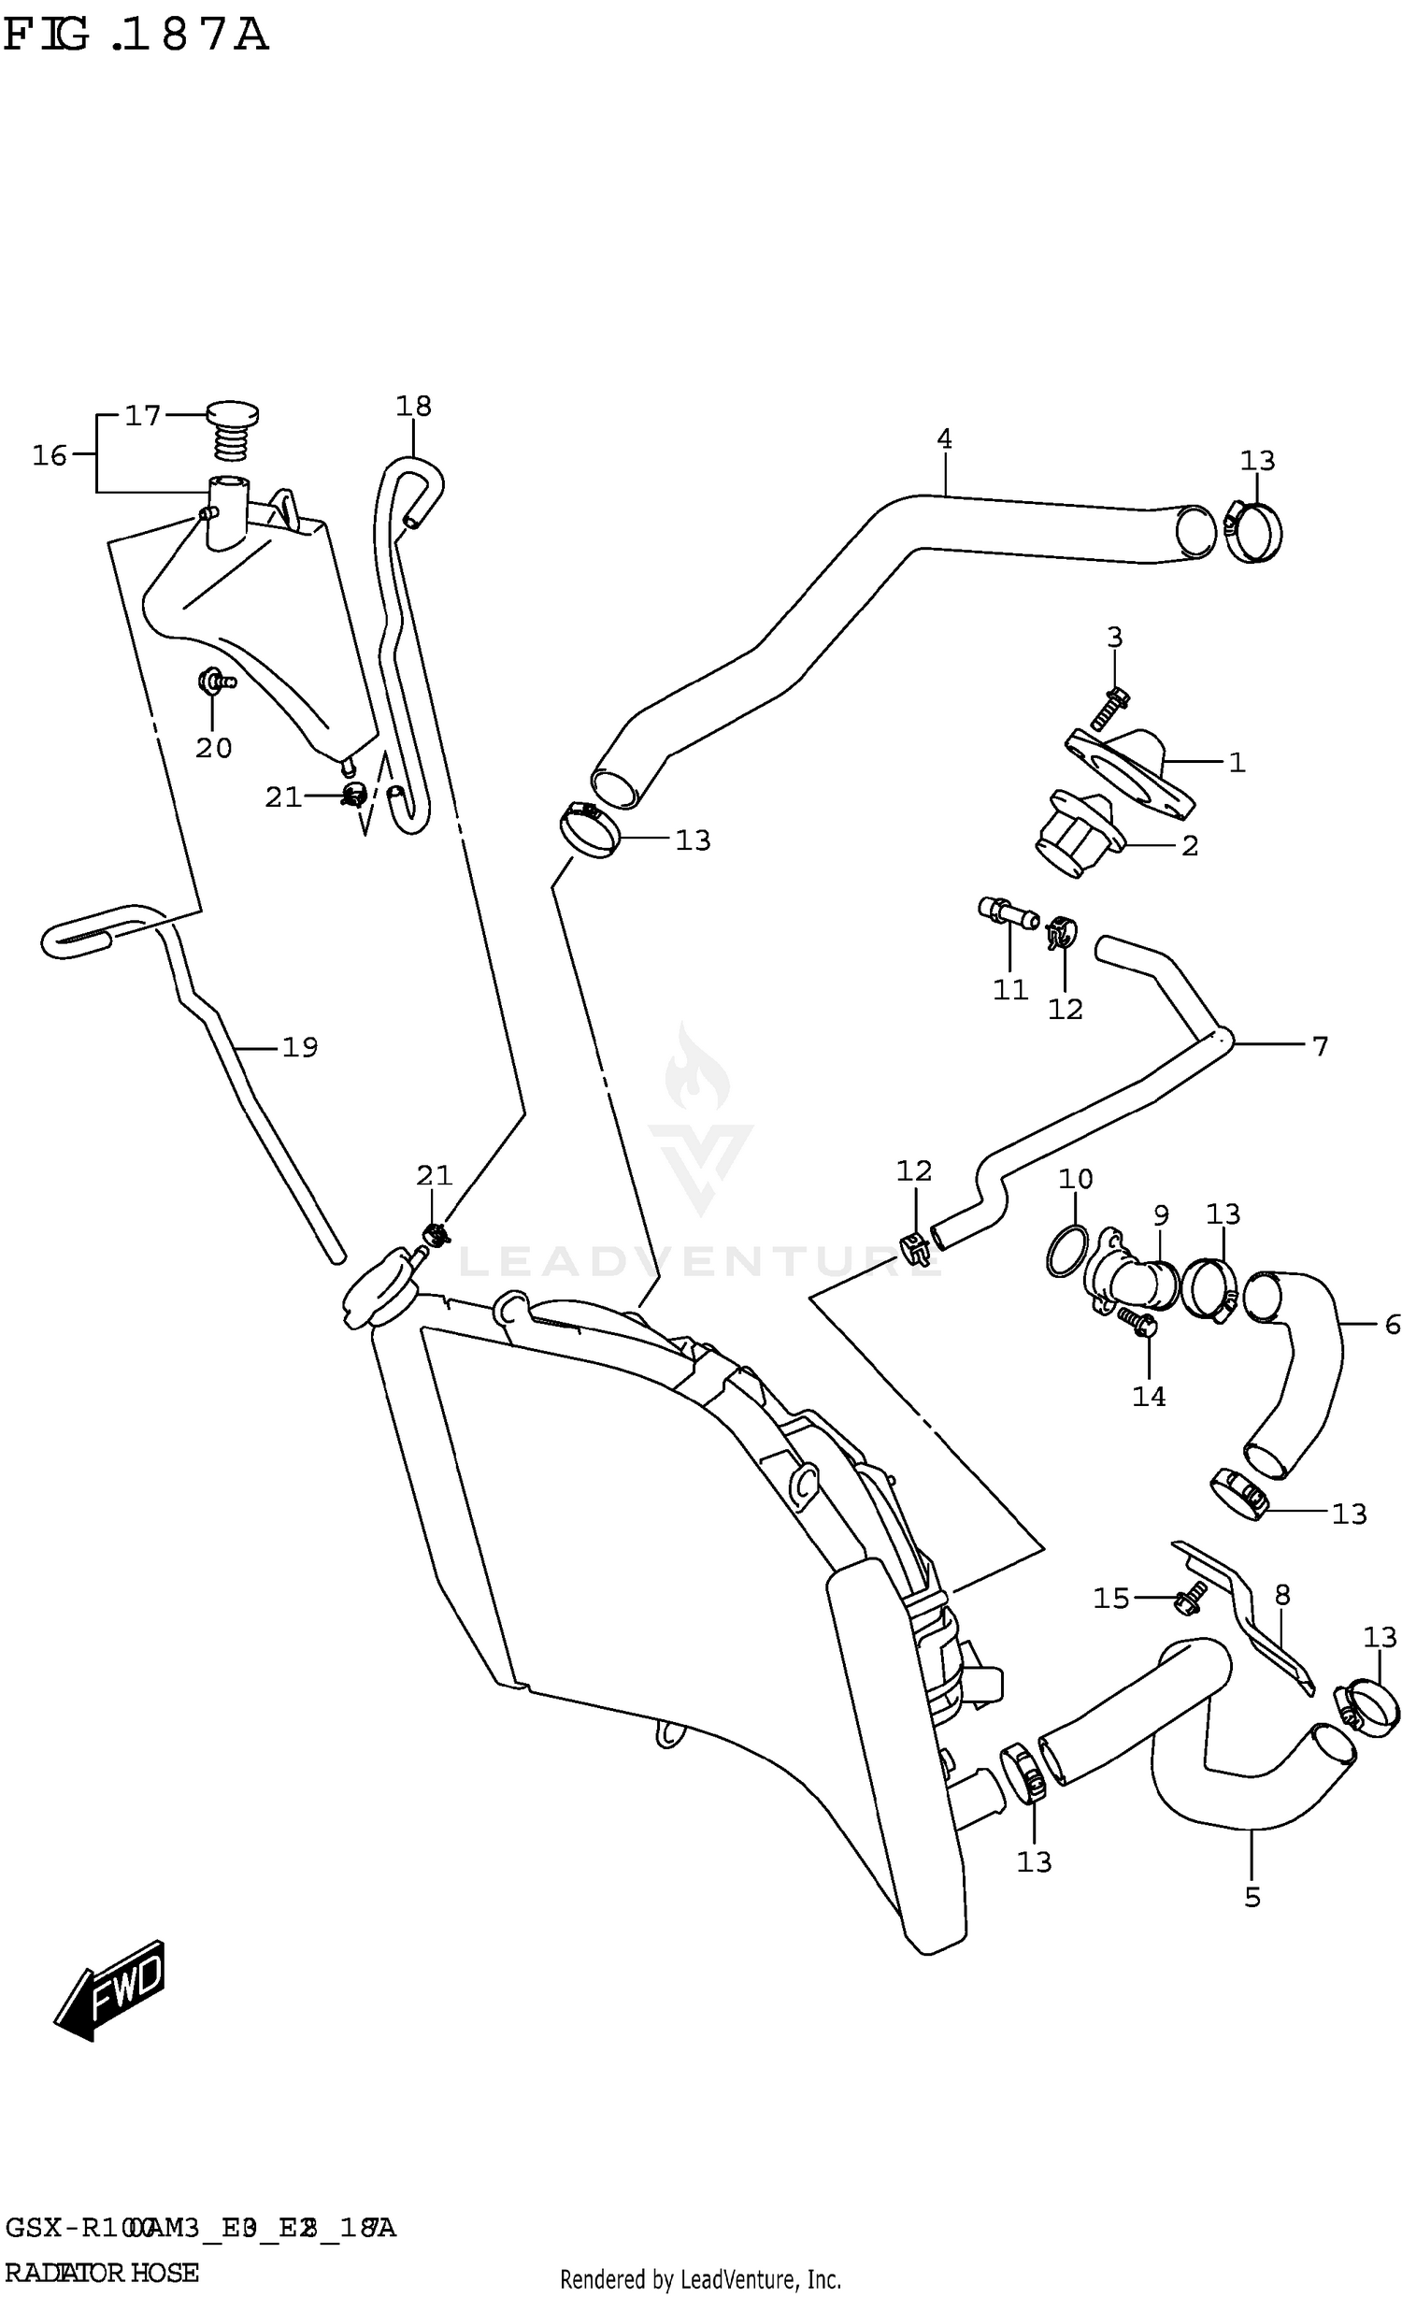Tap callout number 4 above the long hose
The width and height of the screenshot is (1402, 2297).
click(944, 438)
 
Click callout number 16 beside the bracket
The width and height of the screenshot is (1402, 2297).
click(50, 455)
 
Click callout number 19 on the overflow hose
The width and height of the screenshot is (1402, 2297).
click(299, 1047)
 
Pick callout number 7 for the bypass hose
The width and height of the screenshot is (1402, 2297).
click(1319, 1046)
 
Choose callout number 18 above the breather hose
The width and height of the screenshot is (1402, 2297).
click(413, 406)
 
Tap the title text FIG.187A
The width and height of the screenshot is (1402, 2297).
click(136, 36)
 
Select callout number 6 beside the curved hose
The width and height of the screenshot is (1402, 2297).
click(1392, 1324)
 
